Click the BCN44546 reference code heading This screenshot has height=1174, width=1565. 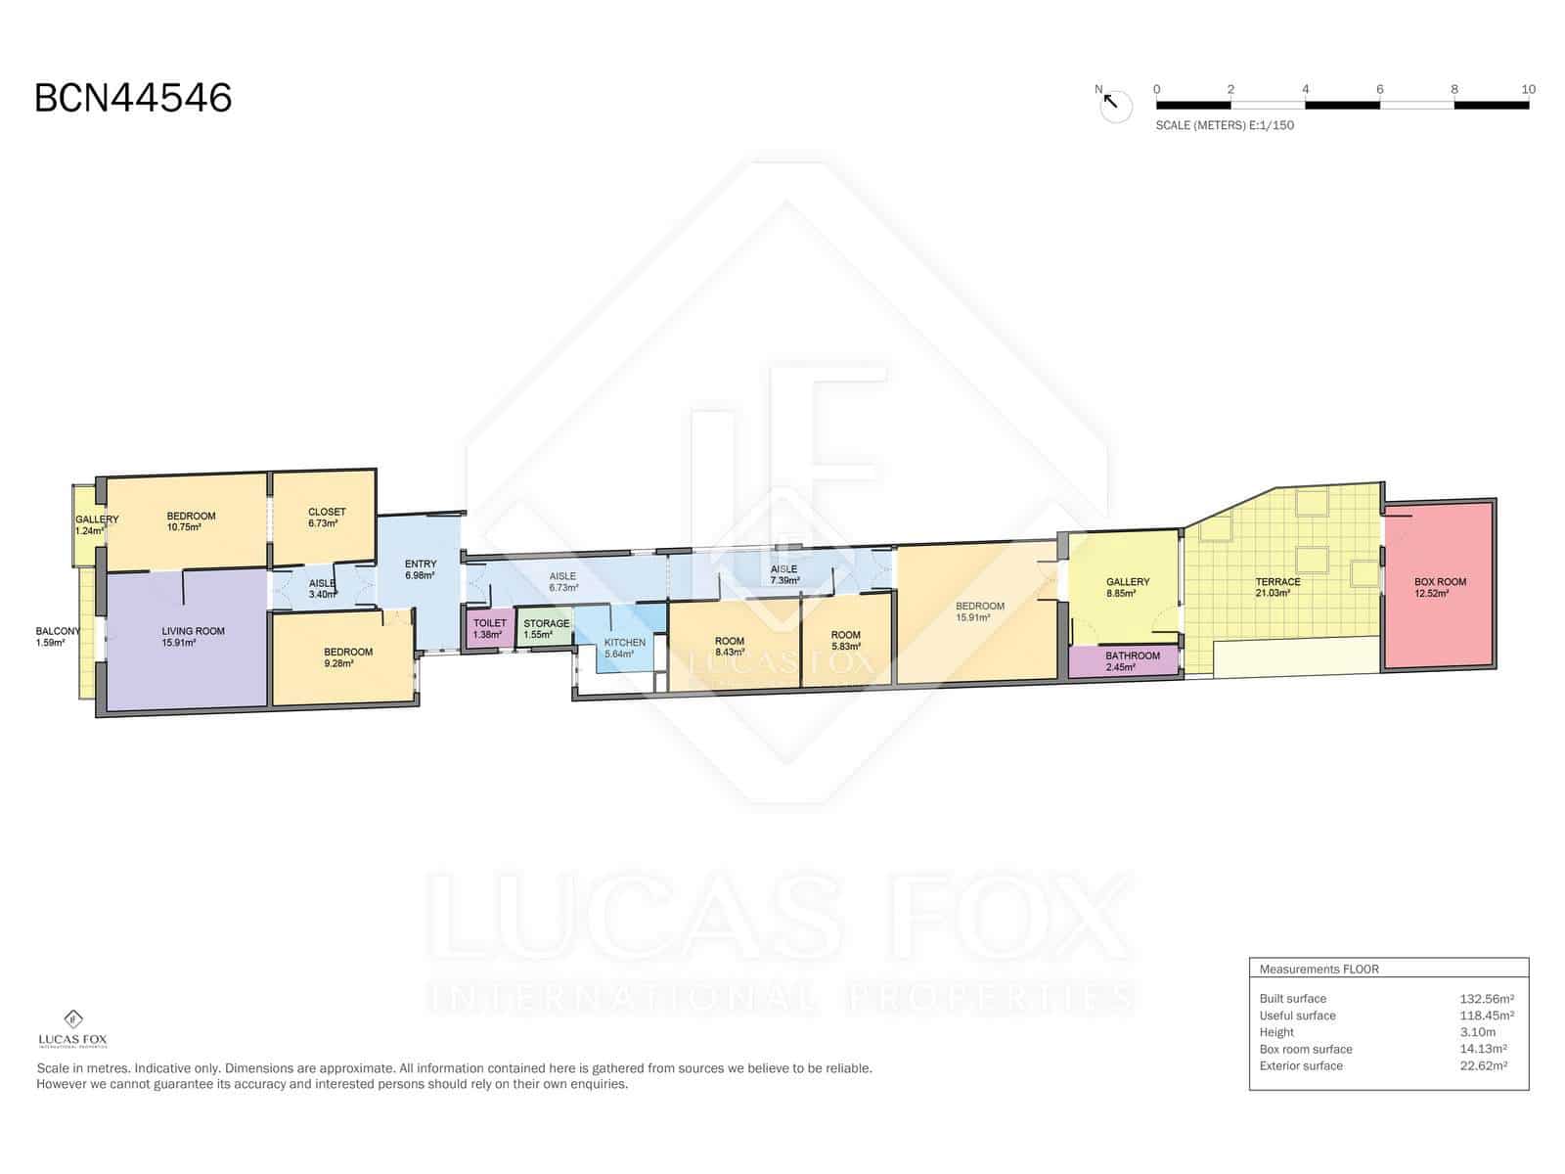coord(133,98)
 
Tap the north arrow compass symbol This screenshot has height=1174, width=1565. coord(1114,106)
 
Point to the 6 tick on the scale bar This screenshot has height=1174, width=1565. coord(1379,90)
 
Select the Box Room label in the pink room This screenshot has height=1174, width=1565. coord(1440,587)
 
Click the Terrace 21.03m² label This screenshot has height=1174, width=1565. coord(1277,587)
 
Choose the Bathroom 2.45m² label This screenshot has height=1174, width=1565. coord(1133,661)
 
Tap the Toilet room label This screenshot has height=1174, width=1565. coord(490,629)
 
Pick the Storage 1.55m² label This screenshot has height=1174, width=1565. coord(546,629)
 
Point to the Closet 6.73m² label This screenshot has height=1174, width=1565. coord(327,518)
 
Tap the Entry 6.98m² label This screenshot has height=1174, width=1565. coord(420,569)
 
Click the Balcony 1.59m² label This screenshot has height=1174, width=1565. coord(58,637)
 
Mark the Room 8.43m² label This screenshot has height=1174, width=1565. coord(730,647)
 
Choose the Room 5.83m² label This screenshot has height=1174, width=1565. coord(846,641)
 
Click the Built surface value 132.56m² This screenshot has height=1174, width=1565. coord(1487,999)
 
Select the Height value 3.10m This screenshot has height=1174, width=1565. coord(1477,1032)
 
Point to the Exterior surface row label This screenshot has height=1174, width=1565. coord(1301,1065)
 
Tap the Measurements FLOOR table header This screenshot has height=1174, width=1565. coord(1319,969)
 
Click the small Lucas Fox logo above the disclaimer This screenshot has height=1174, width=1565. coord(72,1028)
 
